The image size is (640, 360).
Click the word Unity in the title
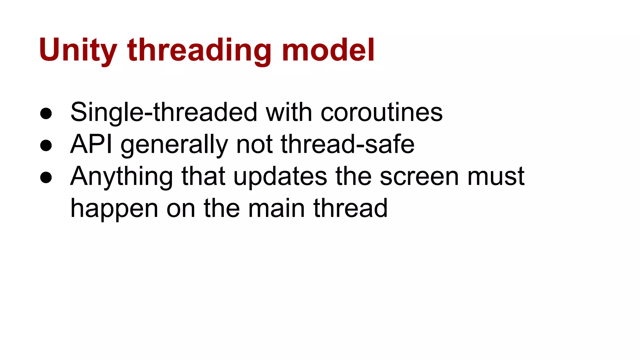tap(78, 50)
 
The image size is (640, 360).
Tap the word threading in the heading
tap(199, 50)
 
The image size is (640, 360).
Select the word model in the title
tap(328, 50)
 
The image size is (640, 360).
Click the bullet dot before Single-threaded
tap(46, 113)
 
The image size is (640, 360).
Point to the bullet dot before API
tap(46, 145)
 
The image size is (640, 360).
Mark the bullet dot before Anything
tap(46, 177)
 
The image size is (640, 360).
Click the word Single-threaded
tap(164, 112)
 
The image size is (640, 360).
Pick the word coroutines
tap(382, 112)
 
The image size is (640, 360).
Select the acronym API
tap(91, 144)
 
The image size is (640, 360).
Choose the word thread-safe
tap(347, 144)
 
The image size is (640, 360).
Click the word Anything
tap(122, 177)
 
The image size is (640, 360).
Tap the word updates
tap(280, 177)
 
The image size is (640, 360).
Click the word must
tap(496, 177)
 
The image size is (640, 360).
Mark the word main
tap(276, 208)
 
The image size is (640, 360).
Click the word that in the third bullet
tap(203, 176)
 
